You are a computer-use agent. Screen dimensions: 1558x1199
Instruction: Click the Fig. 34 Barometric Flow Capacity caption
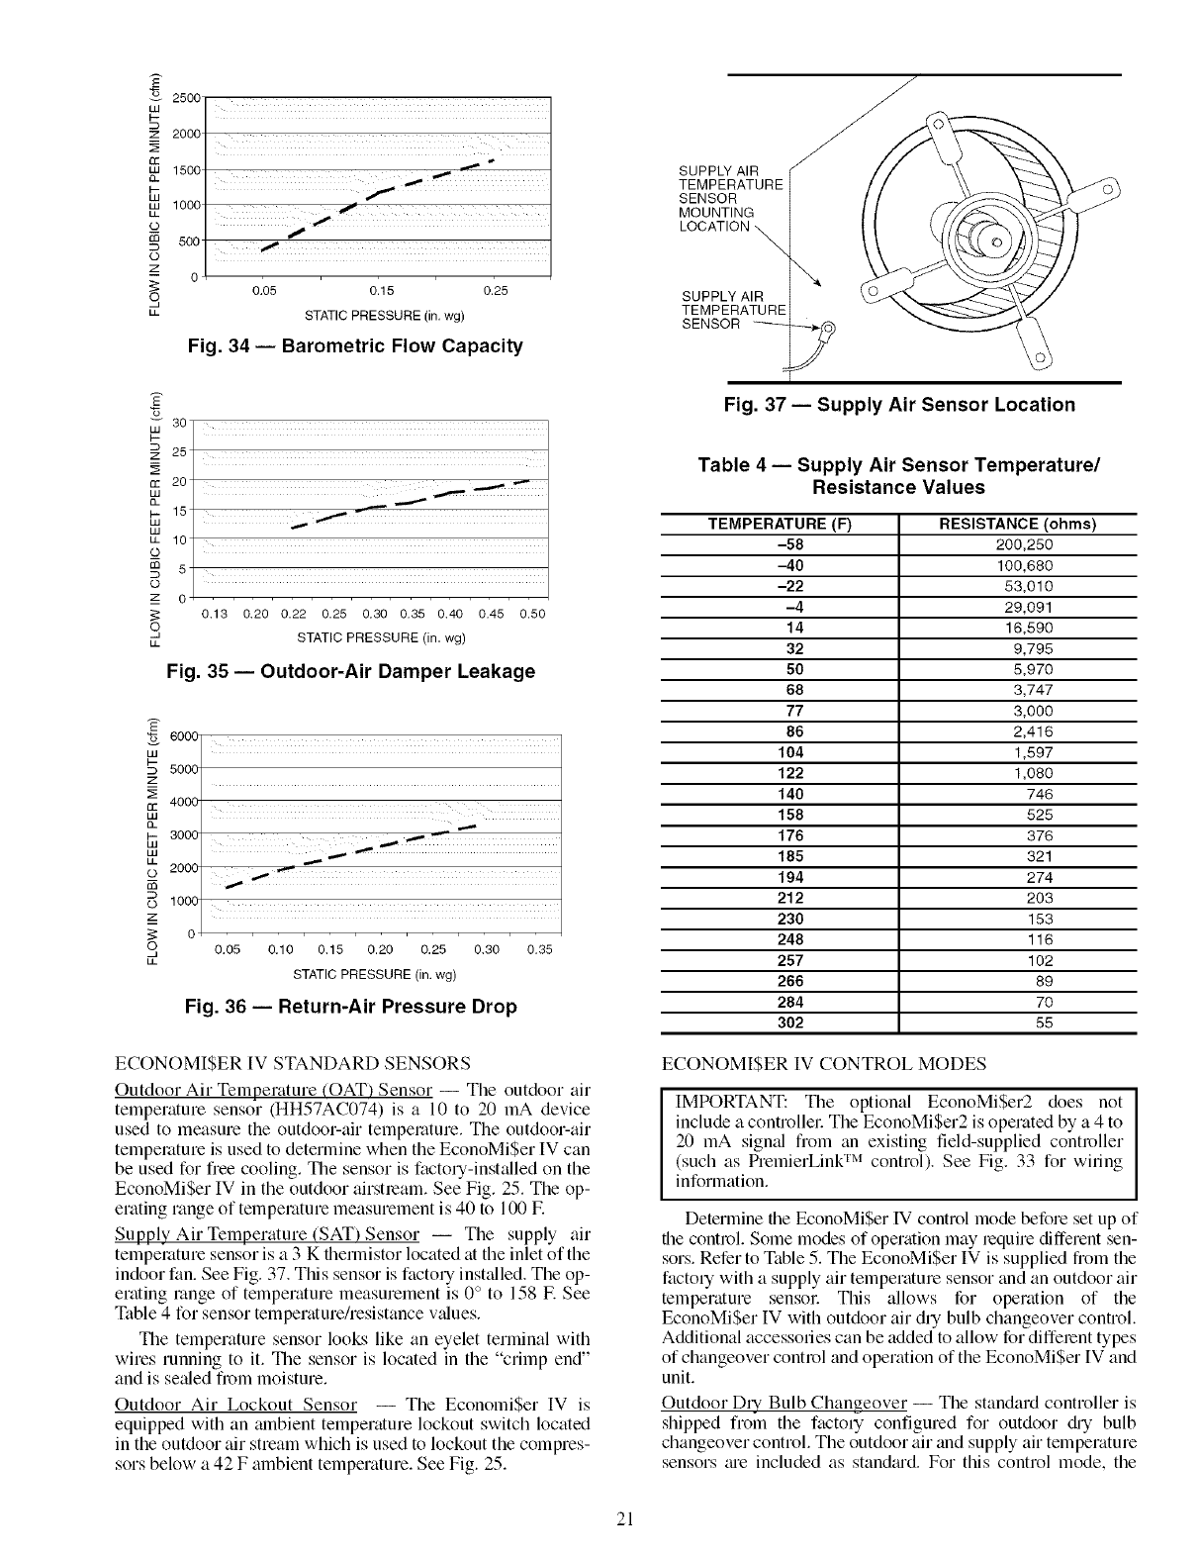pyautogui.click(x=354, y=345)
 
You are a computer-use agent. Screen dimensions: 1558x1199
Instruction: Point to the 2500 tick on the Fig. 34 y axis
pyautogui.click(x=186, y=97)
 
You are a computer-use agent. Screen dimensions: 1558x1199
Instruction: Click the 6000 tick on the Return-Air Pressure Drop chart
pyautogui.click(x=186, y=736)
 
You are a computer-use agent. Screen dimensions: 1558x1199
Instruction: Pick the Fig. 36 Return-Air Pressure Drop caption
pyautogui.click(x=351, y=1007)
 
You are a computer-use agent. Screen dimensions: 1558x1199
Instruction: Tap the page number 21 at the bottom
pyautogui.click(x=623, y=1519)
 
